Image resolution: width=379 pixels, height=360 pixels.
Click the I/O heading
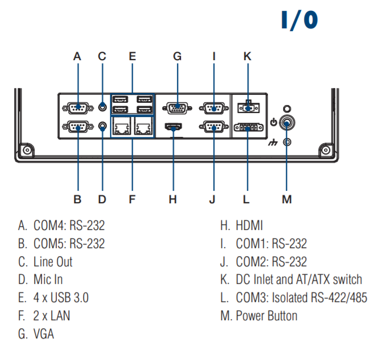(x=300, y=20)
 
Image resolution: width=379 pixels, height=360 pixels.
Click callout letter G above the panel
(x=177, y=56)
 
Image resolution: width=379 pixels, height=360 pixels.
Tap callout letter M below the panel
(x=287, y=199)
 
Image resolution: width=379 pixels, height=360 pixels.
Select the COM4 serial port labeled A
(x=77, y=107)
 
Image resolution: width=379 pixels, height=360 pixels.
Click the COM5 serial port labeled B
(x=77, y=127)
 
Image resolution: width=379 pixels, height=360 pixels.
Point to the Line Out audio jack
(x=102, y=106)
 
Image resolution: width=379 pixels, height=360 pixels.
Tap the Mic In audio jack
(x=102, y=127)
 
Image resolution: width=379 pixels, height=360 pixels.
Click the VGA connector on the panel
(x=177, y=107)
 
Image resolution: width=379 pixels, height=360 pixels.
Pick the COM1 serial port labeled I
(x=214, y=107)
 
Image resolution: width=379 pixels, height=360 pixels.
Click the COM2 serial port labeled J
(x=214, y=127)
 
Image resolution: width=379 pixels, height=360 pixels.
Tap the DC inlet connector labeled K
(x=247, y=106)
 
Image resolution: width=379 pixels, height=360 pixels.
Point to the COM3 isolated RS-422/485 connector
(x=247, y=128)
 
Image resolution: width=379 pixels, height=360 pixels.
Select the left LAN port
(x=121, y=127)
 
